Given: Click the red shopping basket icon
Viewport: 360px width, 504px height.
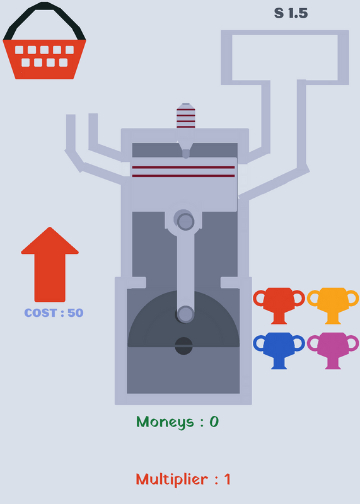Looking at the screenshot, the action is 44,59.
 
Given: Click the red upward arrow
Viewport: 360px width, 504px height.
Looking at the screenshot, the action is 50,264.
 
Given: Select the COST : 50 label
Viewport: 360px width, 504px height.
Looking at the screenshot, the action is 54,312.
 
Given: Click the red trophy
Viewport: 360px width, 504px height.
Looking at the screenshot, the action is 279,306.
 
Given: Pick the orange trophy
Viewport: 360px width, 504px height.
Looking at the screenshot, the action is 333,306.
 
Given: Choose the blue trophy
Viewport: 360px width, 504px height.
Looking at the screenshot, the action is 279,350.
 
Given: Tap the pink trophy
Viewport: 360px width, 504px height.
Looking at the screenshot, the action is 333,350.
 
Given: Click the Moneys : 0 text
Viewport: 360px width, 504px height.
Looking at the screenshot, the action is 177,421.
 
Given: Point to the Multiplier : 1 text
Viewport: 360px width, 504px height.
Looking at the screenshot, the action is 183,479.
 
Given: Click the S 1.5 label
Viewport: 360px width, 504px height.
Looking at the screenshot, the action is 291,13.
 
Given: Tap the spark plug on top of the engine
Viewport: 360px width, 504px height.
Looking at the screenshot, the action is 186,116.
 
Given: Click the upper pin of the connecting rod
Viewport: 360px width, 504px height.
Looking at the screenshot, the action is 185,222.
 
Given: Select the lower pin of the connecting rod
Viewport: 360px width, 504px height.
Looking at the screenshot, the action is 185,314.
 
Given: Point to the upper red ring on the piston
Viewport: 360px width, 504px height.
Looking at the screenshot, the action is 183,168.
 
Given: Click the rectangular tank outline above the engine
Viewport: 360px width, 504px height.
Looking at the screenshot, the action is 285,32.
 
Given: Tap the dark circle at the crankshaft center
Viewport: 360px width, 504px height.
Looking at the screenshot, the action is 183,346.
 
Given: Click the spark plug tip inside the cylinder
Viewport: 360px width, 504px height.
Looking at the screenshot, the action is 185,153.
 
